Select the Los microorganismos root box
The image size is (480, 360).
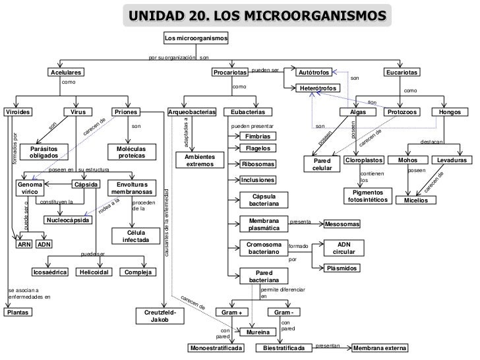point(196,38)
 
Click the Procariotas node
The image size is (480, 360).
point(229,72)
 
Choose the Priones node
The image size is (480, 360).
point(125,113)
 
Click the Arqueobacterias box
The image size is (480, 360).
point(192,113)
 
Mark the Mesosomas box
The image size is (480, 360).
point(342,225)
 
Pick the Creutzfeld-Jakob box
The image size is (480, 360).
point(160,315)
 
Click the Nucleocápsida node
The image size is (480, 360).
point(68,220)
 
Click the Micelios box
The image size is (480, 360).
point(415,200)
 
